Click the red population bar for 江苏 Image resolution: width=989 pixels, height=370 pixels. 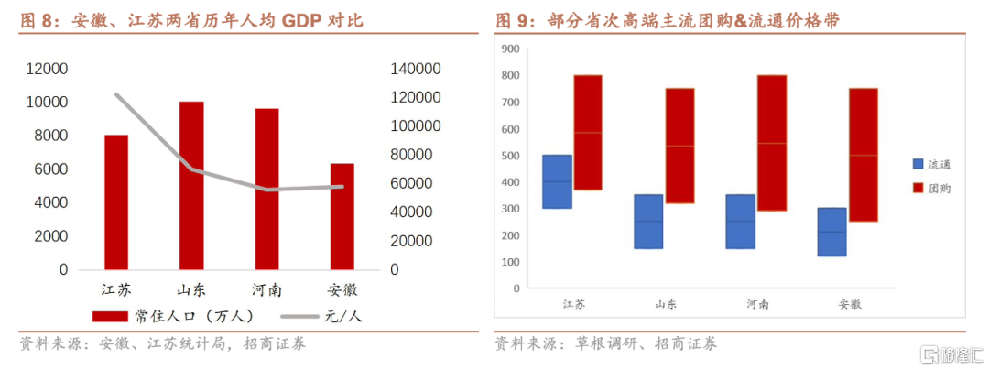click(x=116, y=202)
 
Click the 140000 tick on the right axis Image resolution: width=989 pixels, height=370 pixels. click(x=416, y=69)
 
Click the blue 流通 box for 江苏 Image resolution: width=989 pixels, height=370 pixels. click(x=557, y=181)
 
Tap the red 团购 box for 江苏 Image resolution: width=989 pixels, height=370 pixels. click(x=587, y=132)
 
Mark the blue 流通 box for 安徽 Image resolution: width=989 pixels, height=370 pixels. click(x=831, y=232)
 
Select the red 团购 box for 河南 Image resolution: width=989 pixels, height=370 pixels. click(x=771, y=143)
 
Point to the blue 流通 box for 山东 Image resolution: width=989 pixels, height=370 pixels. click(x=648, y=221)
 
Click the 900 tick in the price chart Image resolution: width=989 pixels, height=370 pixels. click(x=510, y=49)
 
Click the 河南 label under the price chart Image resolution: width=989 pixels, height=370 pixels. click(x=757, y=304)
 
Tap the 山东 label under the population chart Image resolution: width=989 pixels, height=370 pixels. click(x=191, y=289)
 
